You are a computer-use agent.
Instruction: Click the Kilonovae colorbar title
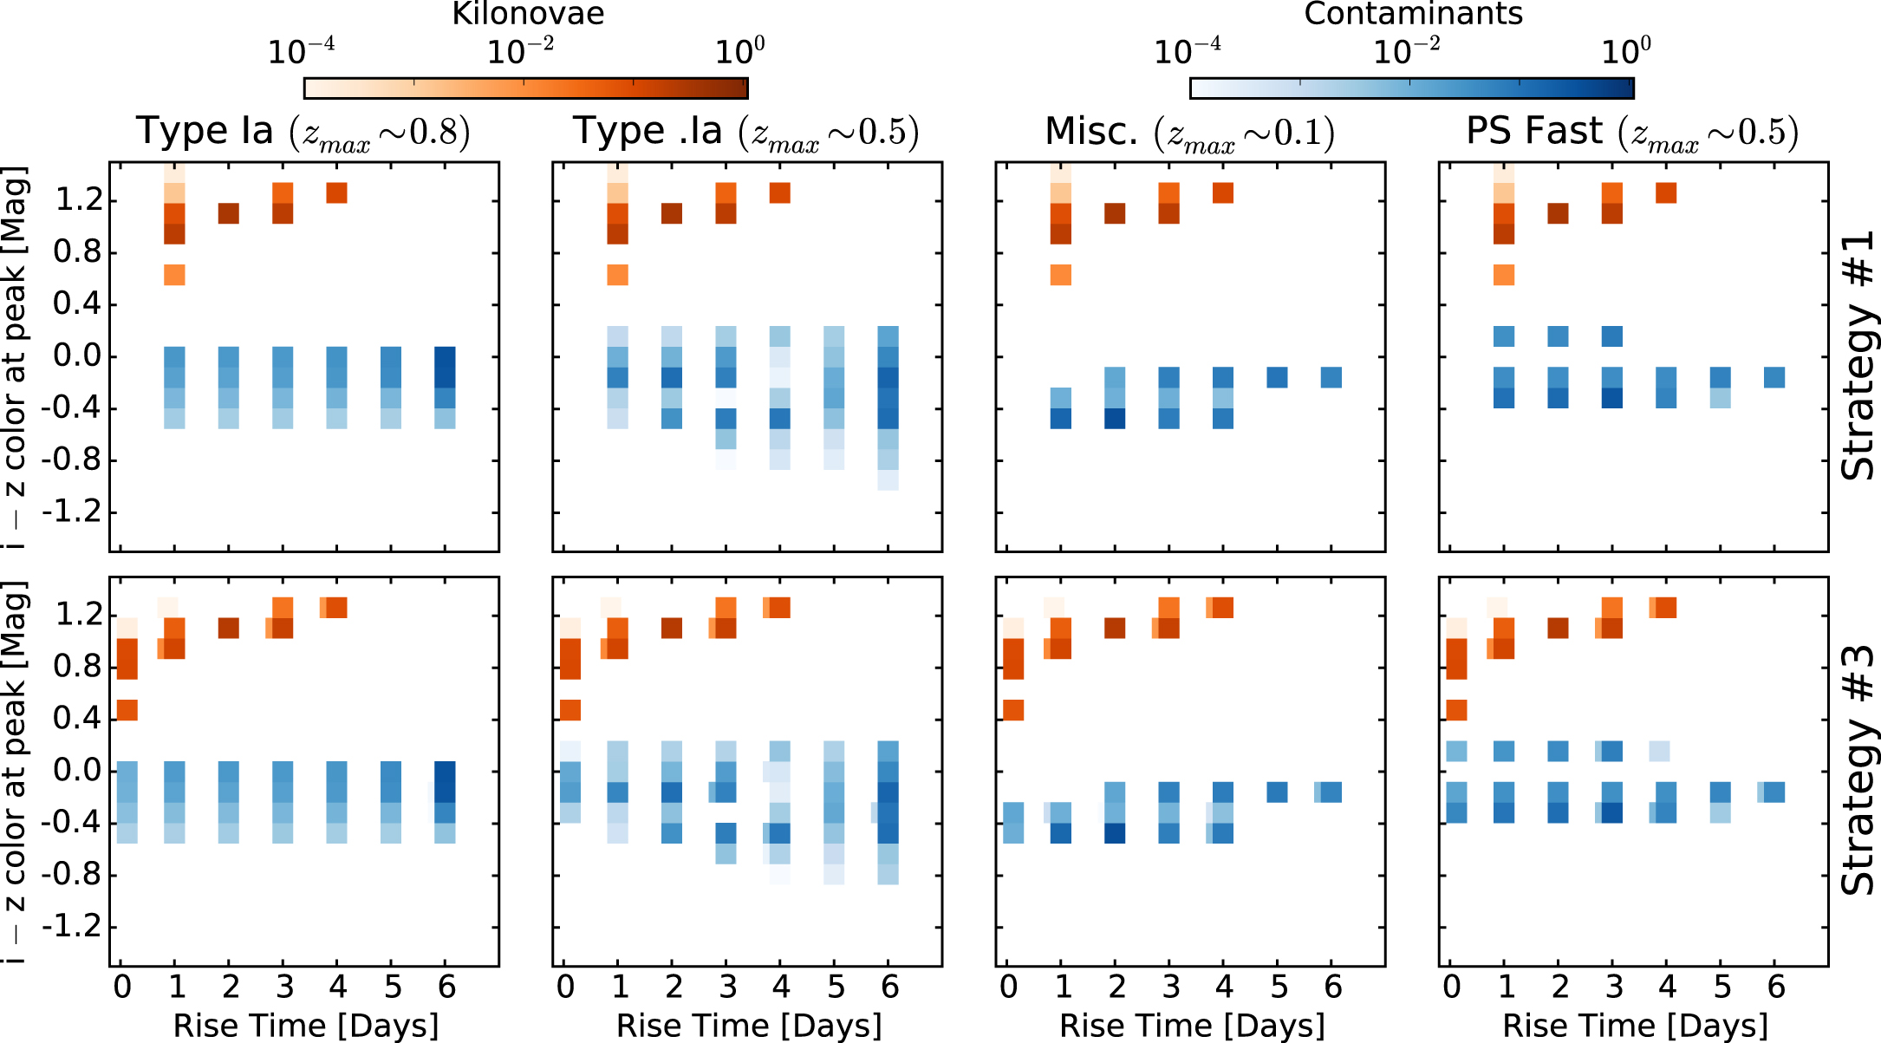[x=528, y=14]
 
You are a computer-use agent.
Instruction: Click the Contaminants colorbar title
[x=1413, y=14]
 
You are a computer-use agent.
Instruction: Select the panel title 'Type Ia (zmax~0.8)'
[x=303, y=132]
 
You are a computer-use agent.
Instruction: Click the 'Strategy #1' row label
[x=1858, y=355]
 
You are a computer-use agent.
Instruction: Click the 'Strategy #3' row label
[x=1858, y=770]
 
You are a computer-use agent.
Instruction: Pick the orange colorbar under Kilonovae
[x=526, y=88]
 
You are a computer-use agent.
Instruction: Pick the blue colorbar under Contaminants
[x=1411, y=88]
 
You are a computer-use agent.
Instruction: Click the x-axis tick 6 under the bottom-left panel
[x=446, y=988]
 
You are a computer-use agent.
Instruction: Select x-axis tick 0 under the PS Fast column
[x=1452, y=988]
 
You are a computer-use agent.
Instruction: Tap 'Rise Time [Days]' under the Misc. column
[x=1192, y=1026]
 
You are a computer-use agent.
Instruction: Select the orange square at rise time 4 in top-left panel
[x=337, y=192]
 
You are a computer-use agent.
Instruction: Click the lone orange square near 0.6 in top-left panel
[x=174, y=275]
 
